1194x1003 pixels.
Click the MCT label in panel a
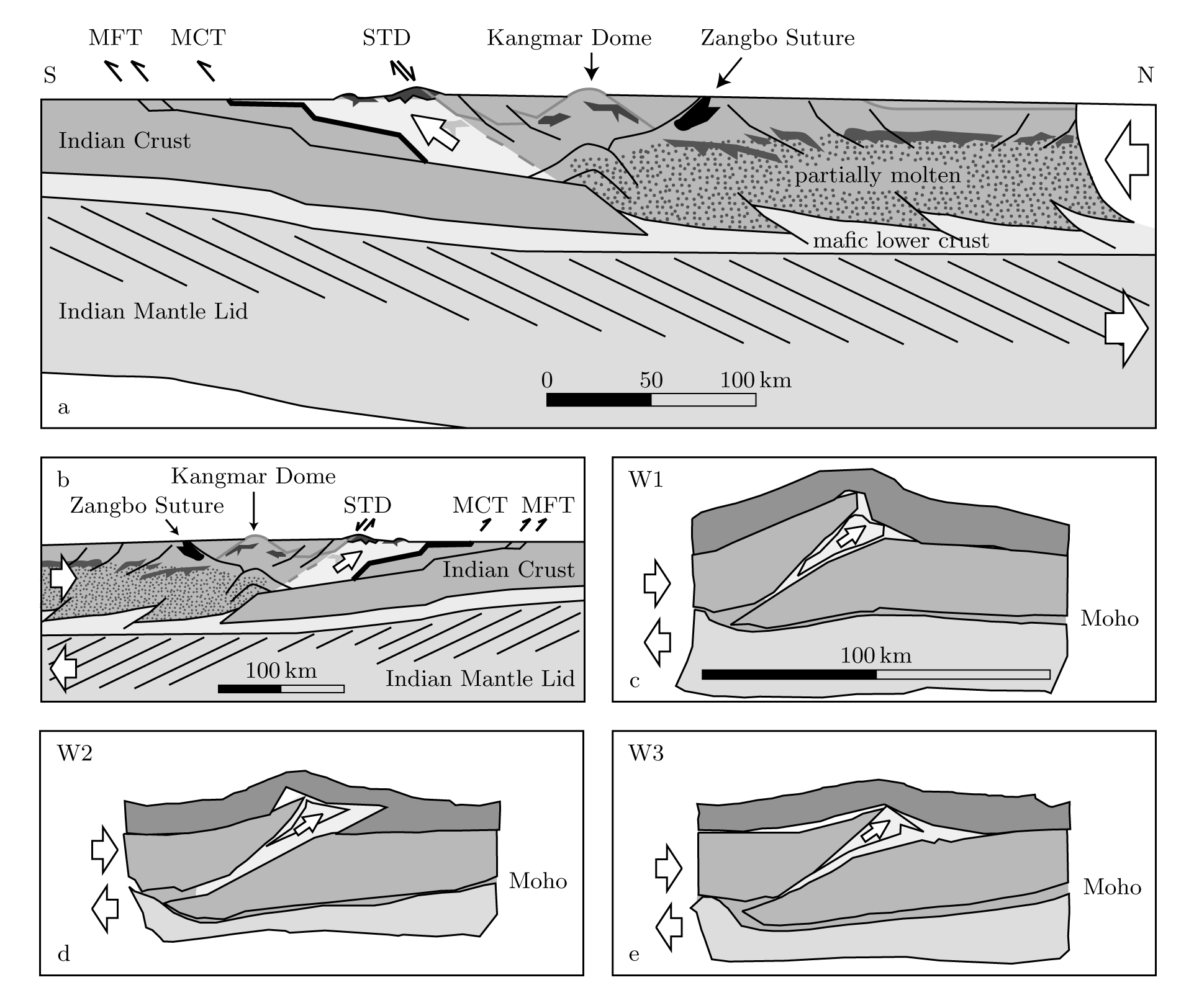pos(197,38)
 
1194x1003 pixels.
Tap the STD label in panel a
pos(386,38)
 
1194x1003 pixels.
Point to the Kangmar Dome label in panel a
pos(569,38)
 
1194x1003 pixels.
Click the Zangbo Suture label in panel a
pos(777,38)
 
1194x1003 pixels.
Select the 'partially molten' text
pos(877,176)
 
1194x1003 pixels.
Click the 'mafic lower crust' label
pos(900,240)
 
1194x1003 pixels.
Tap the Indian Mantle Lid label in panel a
pos(153,311)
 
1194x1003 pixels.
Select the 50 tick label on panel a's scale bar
pos(651,380)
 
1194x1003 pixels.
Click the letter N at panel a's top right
pos(1145,75)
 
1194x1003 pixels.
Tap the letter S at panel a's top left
pos(50,75)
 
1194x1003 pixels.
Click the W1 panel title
pos(646,480)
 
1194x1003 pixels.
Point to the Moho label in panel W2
pos(538,881)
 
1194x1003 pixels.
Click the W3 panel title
pos(646,753)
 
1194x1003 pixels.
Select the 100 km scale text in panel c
pos(875,655)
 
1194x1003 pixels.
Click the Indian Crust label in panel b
pos(508,570)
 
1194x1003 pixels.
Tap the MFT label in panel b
pos(548,505)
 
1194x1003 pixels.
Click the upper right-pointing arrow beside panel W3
pos(669,868)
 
